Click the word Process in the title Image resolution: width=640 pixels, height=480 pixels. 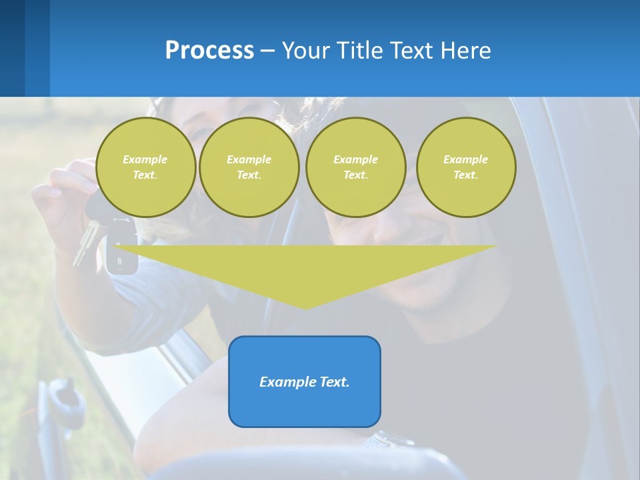pyautogui.click(x=209, y=51)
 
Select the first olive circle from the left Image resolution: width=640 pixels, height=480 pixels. pyautogui.click(x=145, y=167)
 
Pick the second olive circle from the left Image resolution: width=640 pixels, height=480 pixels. pyautogui.click(x=249, y=167)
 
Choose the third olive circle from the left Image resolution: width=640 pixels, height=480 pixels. pyautogui.click(x=355, y=167)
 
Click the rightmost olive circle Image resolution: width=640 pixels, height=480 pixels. pyautogui.click(x=465, y=167)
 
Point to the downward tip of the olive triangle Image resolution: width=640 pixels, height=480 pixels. pyautogui.click(x=305, y=307)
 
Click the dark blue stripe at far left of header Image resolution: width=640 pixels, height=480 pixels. pyautogui.click(x=12, y=48)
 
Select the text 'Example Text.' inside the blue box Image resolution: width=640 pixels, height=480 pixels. pyautogui.click(x=305, y=382)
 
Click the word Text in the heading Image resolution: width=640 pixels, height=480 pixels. pyautogui.click(x=412, y=51)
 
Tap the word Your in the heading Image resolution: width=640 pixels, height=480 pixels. pyautogui.click(x=305, y=51)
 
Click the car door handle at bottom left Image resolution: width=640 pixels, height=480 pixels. pyautogui.click(x=63, y=400)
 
